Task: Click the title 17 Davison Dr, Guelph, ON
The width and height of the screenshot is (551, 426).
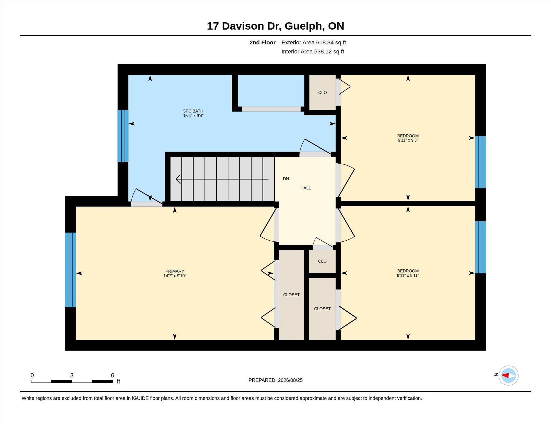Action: click(275, 26)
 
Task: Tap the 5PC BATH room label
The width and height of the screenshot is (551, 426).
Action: click(193, 111)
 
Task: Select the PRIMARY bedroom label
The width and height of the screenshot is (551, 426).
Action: click(175, 271)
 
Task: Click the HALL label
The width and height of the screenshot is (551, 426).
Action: click(306, 188)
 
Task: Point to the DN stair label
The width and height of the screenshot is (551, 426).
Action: click(286, 179)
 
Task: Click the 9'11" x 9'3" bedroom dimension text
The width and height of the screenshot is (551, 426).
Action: click(408, 140)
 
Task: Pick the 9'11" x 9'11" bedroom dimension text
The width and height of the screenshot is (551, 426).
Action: click(408, 275)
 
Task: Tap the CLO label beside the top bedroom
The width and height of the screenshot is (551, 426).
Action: click(322, 93)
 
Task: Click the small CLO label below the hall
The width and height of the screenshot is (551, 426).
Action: click(322, 261)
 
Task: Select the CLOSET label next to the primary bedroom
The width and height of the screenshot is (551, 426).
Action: click(291, 295)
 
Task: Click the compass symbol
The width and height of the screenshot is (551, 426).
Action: click(508, 375)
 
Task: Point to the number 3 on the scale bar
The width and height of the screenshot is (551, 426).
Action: click(72, 375)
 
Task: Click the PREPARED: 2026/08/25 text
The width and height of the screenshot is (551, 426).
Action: click(275, 380)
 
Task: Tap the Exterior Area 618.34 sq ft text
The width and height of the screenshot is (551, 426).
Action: click(314, 43)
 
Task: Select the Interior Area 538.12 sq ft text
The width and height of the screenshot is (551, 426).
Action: click(313, 52)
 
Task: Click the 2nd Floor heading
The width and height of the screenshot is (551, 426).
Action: click(262, 43)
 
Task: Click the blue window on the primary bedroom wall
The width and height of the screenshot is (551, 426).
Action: click(70, 270)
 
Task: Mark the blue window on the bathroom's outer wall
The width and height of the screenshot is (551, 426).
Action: click(123, 136)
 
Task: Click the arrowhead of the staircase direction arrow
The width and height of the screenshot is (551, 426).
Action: click(178, 179)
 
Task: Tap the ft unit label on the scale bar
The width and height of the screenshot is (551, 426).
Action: click(118, 381)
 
